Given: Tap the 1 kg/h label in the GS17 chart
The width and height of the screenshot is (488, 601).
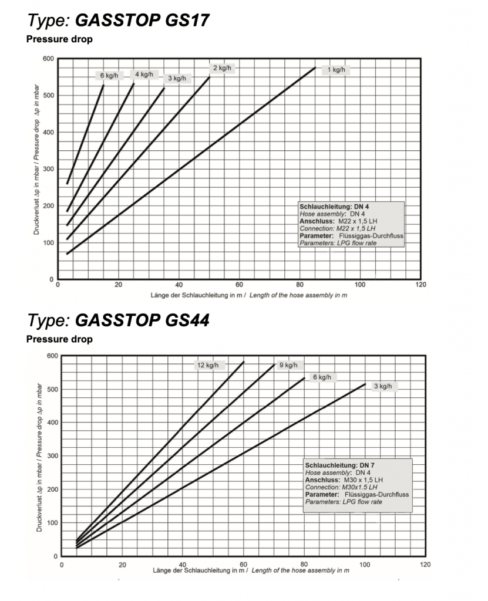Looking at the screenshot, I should pyautogui.click(x=336, y=70).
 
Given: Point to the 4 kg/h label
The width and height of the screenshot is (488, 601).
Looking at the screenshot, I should pyautogui.click(x=144, y=75).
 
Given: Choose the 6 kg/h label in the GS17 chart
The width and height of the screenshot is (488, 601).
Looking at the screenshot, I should pyautogui.click(x=109, y=76).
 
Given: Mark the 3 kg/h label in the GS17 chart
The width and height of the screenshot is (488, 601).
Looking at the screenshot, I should pyautogui.click(x=177, y=78).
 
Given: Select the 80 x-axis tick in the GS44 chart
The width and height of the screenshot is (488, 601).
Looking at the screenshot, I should pyautogui.click(x=304, y=564).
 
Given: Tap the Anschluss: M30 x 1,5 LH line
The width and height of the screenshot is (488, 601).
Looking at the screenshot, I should pyautogui.click(x=338, y=480).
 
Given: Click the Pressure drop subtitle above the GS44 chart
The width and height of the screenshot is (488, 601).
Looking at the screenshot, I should pyautogui.click(x=59, y=339).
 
